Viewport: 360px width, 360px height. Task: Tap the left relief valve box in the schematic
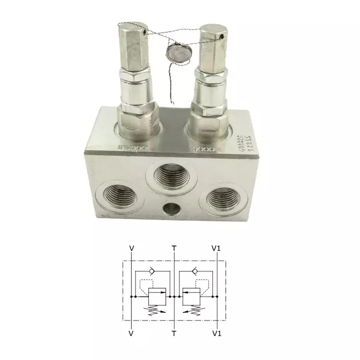[x=158, y=297]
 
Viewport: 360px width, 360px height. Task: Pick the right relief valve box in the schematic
[x=190, y=297]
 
